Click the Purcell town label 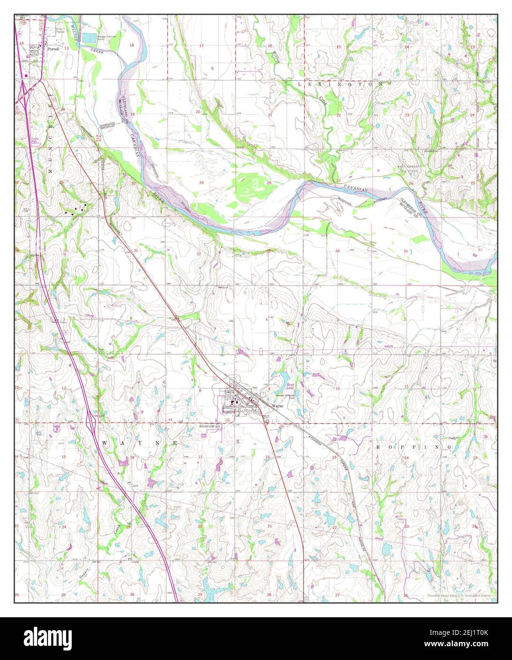coord(52,48)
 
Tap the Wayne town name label coord(277,407)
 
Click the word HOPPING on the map coord(413,447)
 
